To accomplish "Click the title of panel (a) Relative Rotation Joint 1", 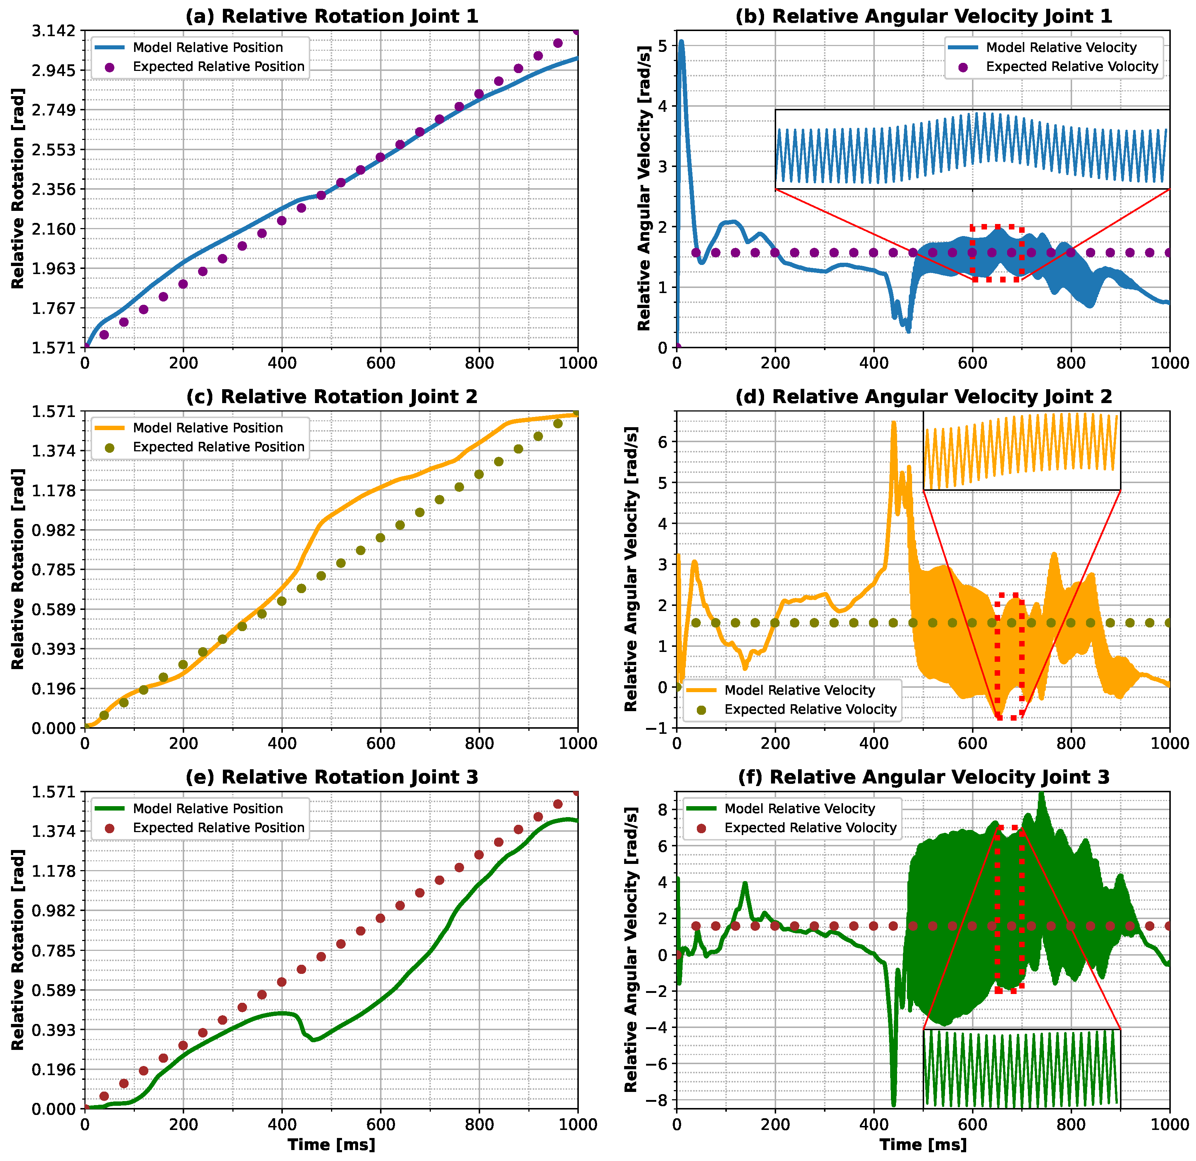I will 331,16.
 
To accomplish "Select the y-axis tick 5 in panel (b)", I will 663,46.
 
